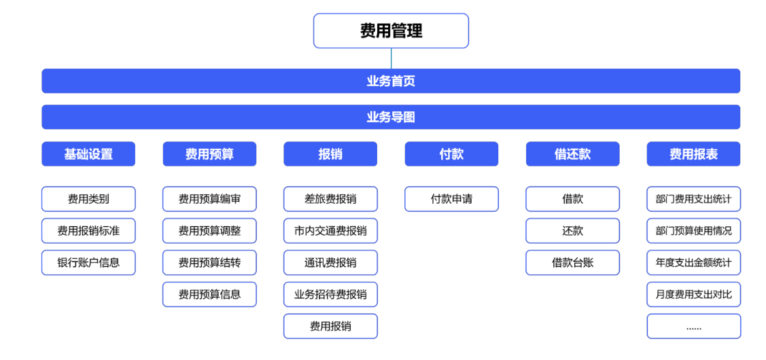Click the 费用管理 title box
pyautogui.click(x=391, y=31)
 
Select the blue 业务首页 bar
pyautogui.click(x=391, y=81)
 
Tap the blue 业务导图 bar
pyautogui.click(x=391, y=117)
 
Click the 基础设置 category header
pyautogui.click(x=88, y=154)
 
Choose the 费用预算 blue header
pyautogui.click(x=209, y=154)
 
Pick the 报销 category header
pyautogui.click(x=330, y=154)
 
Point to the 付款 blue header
pyautogui.click(x=451, y=154)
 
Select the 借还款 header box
pyautogui.click(x=572, y=154)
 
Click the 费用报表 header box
pyautogui.click(x=693, y=154)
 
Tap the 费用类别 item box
pyautogui.click(x=88, y=199)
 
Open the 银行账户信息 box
pyautogui.click(x=88, y=262)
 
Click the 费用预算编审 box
pyautogui.click(x=209, y=199)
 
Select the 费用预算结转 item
pyautogui.click(x=209, y=262)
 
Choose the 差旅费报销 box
pyautogui.click(x=330, y=199)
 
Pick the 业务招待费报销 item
pyautogui.click(x=330, y=294)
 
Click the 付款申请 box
pyautogui.click(x=451, y=199)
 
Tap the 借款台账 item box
pyautogui.click(x=572, y=262)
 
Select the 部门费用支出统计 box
pyautogui.click(x=693, y=199)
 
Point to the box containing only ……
pyautogui.click(x=693, y=326)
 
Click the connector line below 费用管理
pyautogui.click(x=391, y=58)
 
